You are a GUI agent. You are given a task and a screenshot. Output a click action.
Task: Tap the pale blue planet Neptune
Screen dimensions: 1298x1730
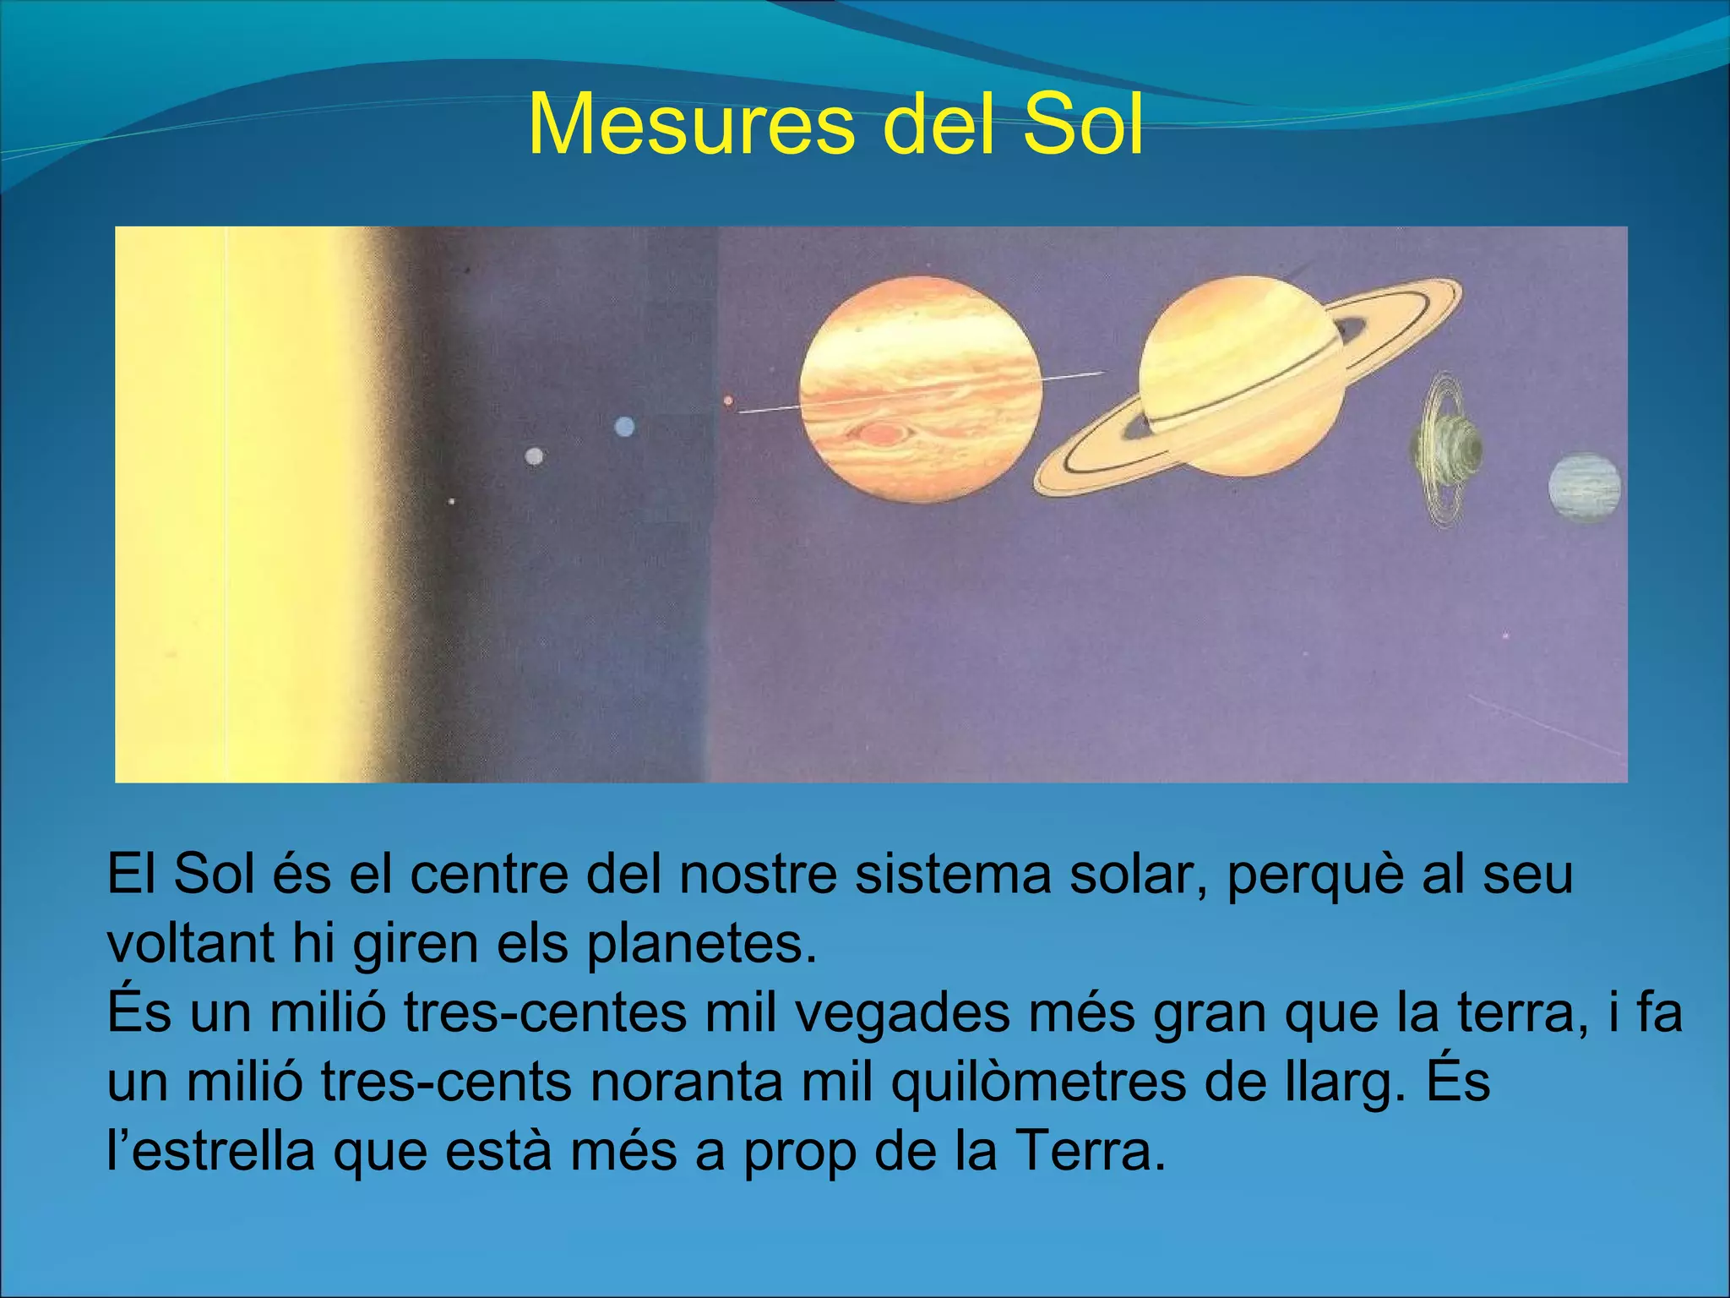[1584, 488]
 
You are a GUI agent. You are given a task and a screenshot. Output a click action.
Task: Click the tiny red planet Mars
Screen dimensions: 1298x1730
[728, 401]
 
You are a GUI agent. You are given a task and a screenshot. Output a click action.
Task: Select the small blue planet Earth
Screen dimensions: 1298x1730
[624, 427]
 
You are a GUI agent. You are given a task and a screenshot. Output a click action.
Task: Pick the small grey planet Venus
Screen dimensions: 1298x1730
[534, 456]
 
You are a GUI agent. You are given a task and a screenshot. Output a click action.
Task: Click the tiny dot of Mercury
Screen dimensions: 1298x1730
[452, 502]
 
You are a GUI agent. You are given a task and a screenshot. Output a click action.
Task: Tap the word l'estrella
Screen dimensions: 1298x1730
[211, 1152]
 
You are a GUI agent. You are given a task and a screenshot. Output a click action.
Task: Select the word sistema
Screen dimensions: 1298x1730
[953, 875]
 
